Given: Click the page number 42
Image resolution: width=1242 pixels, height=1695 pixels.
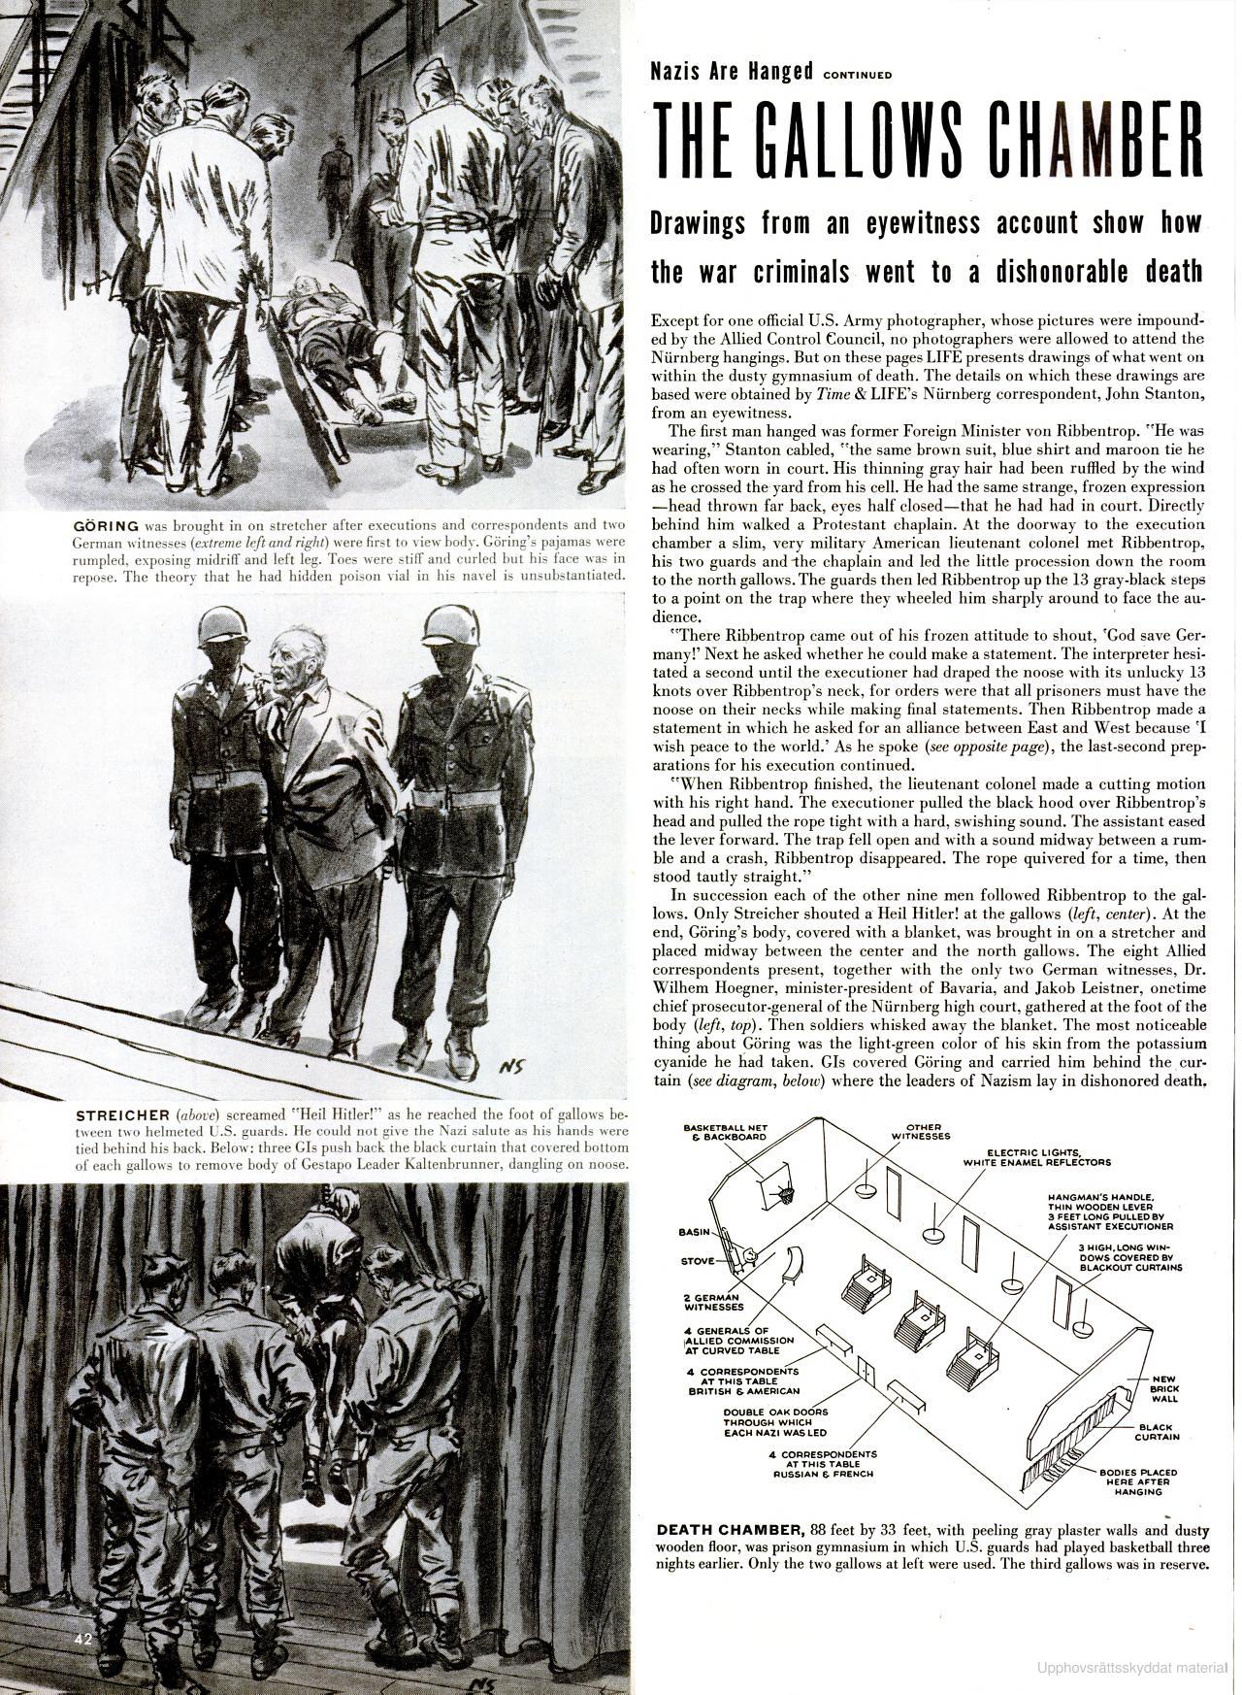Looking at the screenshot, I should pyautogui.click(x=84, y=1640).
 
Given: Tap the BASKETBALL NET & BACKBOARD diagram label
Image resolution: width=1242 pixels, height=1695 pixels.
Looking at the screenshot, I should pyautogui.click(x=726, y=1131).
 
